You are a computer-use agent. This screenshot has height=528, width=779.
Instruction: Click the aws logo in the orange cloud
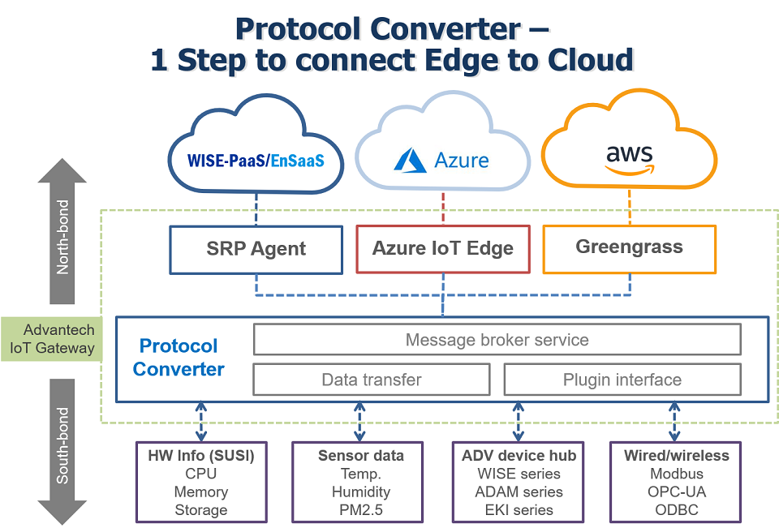pyautogui.click(x=630, y=160)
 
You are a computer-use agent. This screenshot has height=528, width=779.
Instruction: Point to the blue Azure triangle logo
pyautogui.click(x=410, y=160)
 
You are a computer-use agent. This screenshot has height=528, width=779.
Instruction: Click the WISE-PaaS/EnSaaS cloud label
pyautogui.click(x=256, y=161)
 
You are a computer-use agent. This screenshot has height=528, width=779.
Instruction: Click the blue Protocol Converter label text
pyautogui.click(x=179, y=357)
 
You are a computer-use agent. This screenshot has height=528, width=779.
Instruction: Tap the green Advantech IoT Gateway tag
pyautogui.click(x=52, y=339)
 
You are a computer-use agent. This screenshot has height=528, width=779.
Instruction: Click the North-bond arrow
pyautogui.click(x=62, y=231)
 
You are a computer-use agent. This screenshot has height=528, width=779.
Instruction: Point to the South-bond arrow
pyautogui.click(x=62, y=452)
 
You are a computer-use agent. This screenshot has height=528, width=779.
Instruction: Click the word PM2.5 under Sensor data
pyautogui.click(x=360, y=510)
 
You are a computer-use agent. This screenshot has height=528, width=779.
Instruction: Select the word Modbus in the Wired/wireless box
pyautogui.click(x=677, y=474)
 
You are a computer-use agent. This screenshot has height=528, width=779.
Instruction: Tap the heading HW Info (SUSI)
pyautogui.click(x=201, y=456)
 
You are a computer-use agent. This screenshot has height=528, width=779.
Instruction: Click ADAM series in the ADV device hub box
pyautogui.click(x=519, y=492)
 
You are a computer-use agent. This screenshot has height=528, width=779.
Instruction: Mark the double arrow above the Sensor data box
pyautogui.click(x=359, y=422)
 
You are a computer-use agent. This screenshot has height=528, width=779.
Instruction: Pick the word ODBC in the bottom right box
pyautogui.click(x=677, y=510)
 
